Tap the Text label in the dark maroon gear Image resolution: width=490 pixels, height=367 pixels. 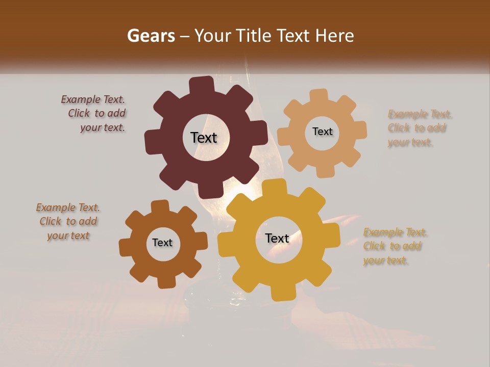point(204,138)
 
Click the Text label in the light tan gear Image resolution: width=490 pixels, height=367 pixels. point(322,132)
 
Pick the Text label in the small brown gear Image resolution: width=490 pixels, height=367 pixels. point(162,243)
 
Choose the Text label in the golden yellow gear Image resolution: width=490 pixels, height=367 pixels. point(277,238)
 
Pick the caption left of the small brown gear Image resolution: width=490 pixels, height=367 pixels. point(68,221)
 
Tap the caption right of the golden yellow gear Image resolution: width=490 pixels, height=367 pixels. point(395,246)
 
